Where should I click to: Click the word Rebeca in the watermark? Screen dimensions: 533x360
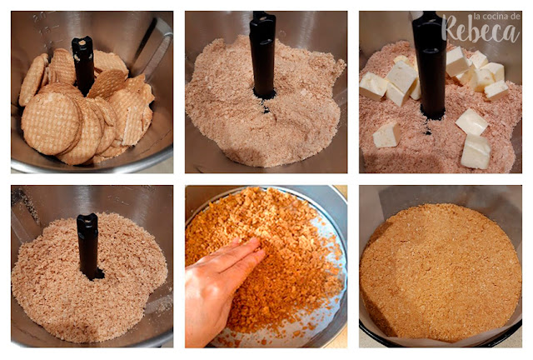[x=481, y=31]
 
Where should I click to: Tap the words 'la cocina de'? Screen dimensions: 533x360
[x=496, y=17]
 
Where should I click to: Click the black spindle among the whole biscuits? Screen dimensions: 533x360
[x=83, y=65]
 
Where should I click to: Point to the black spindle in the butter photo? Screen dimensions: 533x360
[x=430, y=65]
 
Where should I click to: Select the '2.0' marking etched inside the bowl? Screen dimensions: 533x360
[x=40, y=17]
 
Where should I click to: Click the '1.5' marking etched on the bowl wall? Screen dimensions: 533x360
[x=45, y=31]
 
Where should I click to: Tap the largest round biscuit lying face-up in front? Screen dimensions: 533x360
[x=51, y=123]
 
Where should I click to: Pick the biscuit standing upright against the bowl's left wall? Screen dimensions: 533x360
[x=32, y=80]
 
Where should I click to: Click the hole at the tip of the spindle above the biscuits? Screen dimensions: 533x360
[x=82, y=42]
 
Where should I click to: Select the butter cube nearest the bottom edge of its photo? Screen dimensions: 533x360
[x=476, y=152]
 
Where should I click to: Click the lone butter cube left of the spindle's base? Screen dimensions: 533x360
[x=386, y=135]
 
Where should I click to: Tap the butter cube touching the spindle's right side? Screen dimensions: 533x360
[x=456, y=62]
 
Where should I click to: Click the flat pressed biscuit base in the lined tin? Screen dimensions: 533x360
[x=441, y=272]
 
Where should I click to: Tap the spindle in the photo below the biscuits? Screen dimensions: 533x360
[x=89, y=246]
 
